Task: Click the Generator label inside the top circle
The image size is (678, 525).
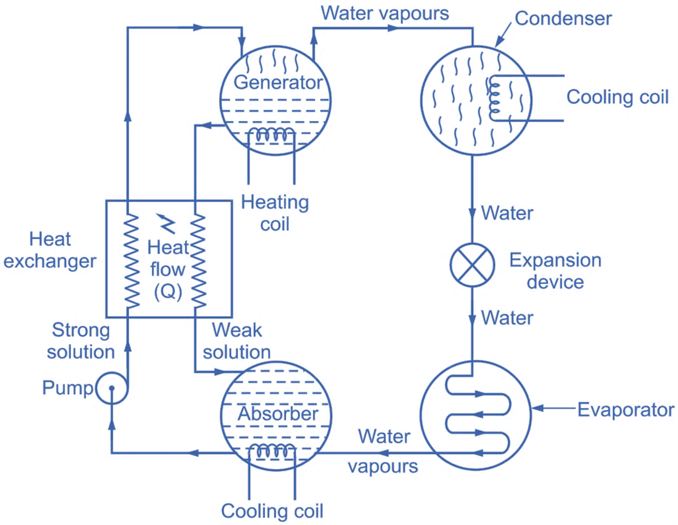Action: click(278, 82)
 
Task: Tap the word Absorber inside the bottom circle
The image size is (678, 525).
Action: click(278, 414)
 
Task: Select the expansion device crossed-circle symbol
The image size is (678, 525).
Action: click(472, 265)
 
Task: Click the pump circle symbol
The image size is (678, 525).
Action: click(112, 388)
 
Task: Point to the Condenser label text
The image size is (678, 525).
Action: click(563, 18)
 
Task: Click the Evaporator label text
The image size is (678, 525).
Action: click(625, 410)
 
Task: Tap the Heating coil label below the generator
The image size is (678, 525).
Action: click(275, 212)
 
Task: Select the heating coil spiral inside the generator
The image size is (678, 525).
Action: click(271, 135)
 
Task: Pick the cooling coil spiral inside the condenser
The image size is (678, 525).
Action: click(494, 98)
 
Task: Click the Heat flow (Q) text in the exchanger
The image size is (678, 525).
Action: click(167, 269)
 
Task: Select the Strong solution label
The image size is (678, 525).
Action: click(81, 341)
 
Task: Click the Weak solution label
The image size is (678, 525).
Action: click(237, 341)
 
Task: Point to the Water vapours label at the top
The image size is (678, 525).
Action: click(385, 13)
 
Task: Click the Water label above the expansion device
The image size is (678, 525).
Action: click(507, 213)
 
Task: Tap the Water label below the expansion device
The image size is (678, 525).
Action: click(507, 318)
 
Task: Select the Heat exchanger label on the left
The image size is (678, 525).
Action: click(50, 250)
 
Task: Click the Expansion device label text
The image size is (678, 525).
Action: click(555, 271)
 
